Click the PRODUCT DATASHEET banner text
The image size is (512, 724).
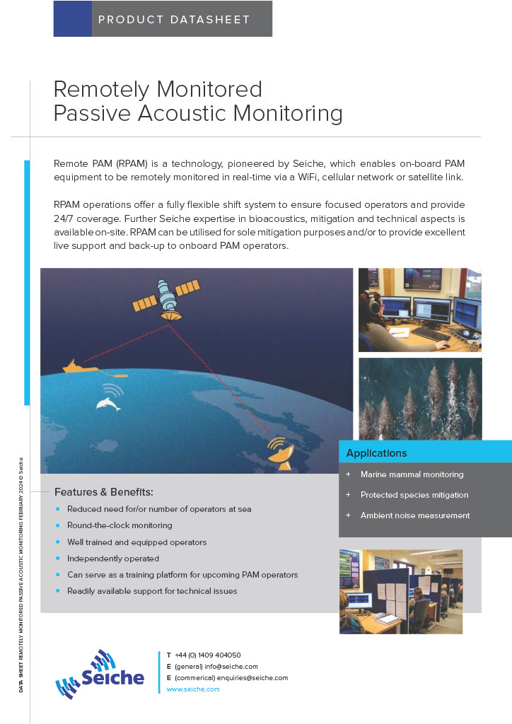click(x=174, y=19)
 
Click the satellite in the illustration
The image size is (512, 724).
click(x=166, y=299)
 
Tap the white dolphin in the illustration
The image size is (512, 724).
click(x=108, y=404)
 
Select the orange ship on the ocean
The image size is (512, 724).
click(x=81, y=367)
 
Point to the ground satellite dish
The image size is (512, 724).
click(x=281, y=455)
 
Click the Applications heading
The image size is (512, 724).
click(x=376, y=453)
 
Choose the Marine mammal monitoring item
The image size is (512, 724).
click(x=412, y=474)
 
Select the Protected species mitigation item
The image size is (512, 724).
click(x=414, y=495)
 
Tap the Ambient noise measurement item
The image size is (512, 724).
click(x=415, y=515)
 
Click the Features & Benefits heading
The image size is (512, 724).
click(x=104, y=492)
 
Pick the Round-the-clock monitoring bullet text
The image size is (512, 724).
click(x=120, y=525)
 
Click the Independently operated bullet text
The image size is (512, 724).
click(x=113, y=559)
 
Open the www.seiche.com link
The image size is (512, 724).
click(x=193, y=689)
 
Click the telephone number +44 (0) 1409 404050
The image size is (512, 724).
click(x=208, y=655)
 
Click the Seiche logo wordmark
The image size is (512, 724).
click(x=112, y=677)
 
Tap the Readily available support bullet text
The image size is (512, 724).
click(x=152, y=591)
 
